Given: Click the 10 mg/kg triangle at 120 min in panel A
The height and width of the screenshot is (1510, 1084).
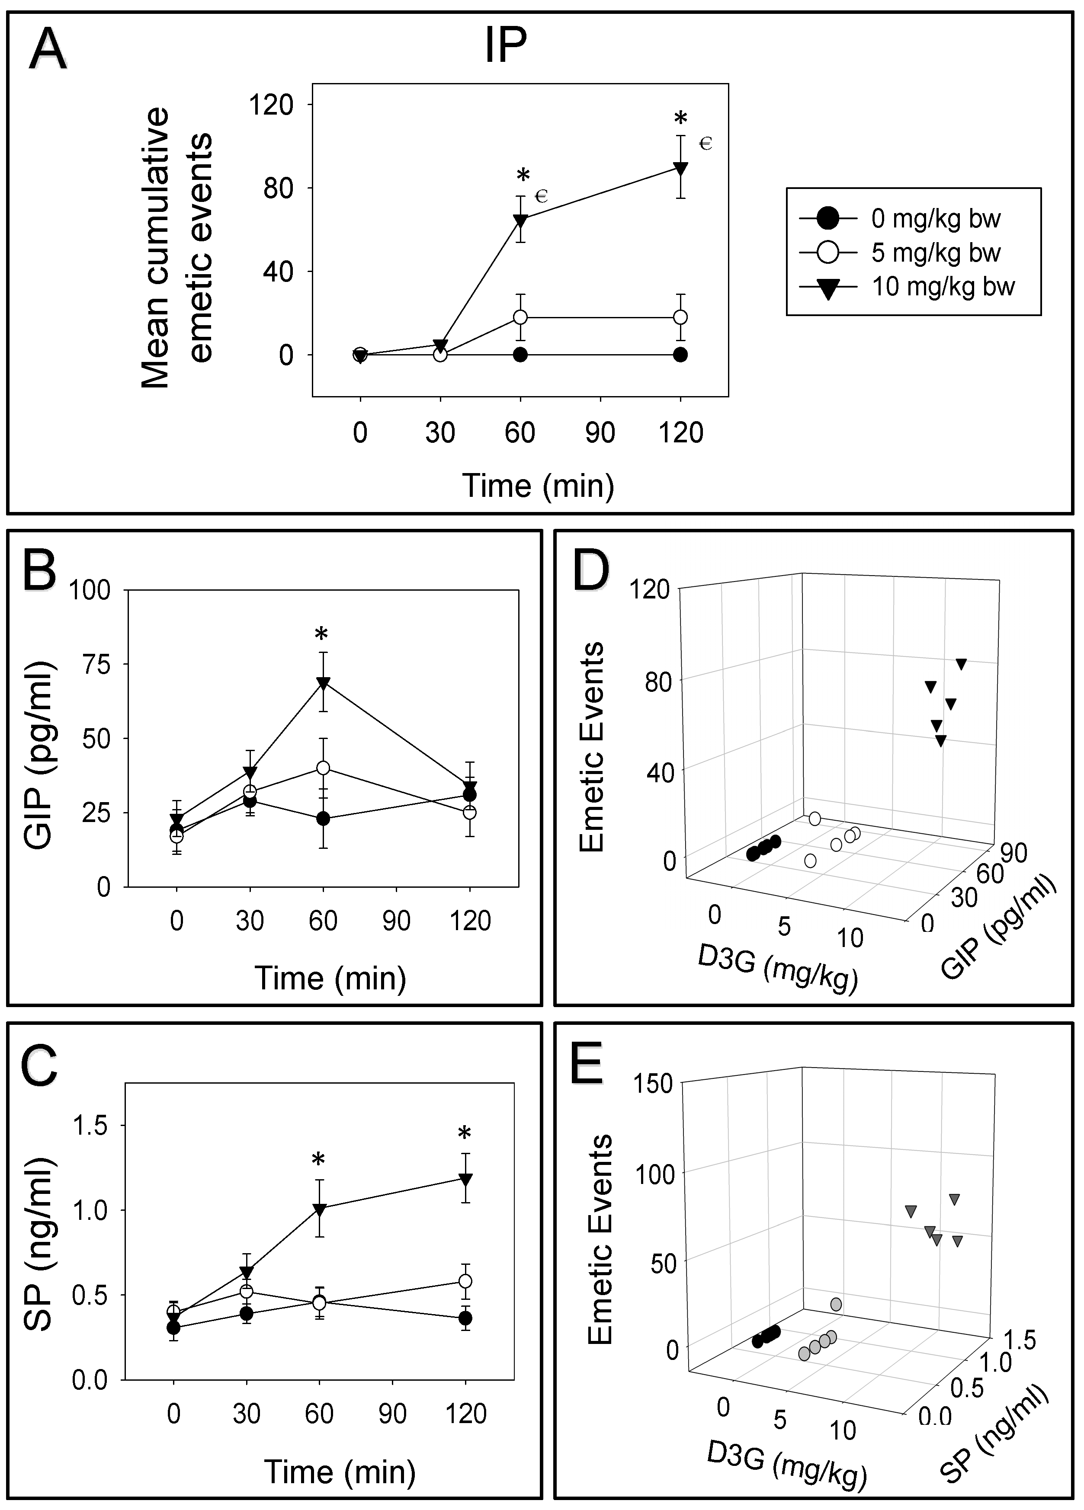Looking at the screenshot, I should (680, 168).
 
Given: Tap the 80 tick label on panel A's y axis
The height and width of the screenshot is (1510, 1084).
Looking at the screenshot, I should (278, 189).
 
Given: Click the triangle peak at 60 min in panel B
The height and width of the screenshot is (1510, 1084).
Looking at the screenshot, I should (324, 683).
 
